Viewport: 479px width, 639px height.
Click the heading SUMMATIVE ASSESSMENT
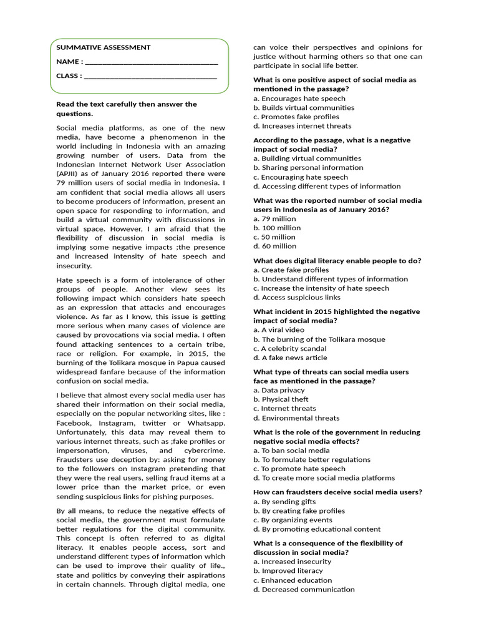(x=104, y=47)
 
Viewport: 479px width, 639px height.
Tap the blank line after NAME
(x=151, y=62)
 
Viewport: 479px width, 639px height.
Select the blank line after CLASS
(x=150, y=77)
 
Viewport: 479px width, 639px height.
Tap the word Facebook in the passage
(x=75, y=422)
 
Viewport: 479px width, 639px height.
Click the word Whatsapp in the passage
(x=206, y=422)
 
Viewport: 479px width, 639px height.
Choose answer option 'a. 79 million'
(x=274, y=219)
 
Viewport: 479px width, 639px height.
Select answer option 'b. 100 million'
(x=277, y=228)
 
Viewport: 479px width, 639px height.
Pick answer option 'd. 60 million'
(x=275, y=246)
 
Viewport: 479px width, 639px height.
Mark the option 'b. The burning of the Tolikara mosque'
(x=319, y=339)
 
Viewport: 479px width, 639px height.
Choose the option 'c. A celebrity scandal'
(x=289, y=348)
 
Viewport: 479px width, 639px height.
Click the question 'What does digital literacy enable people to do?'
(x=337, y=260)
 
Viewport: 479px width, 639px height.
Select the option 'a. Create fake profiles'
(x=291, y=270)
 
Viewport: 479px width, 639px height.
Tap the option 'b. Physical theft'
(x=281, y=399)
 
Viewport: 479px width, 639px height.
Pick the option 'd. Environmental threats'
(x=296, y=418)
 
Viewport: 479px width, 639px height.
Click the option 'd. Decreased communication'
(x=304, y=589)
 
